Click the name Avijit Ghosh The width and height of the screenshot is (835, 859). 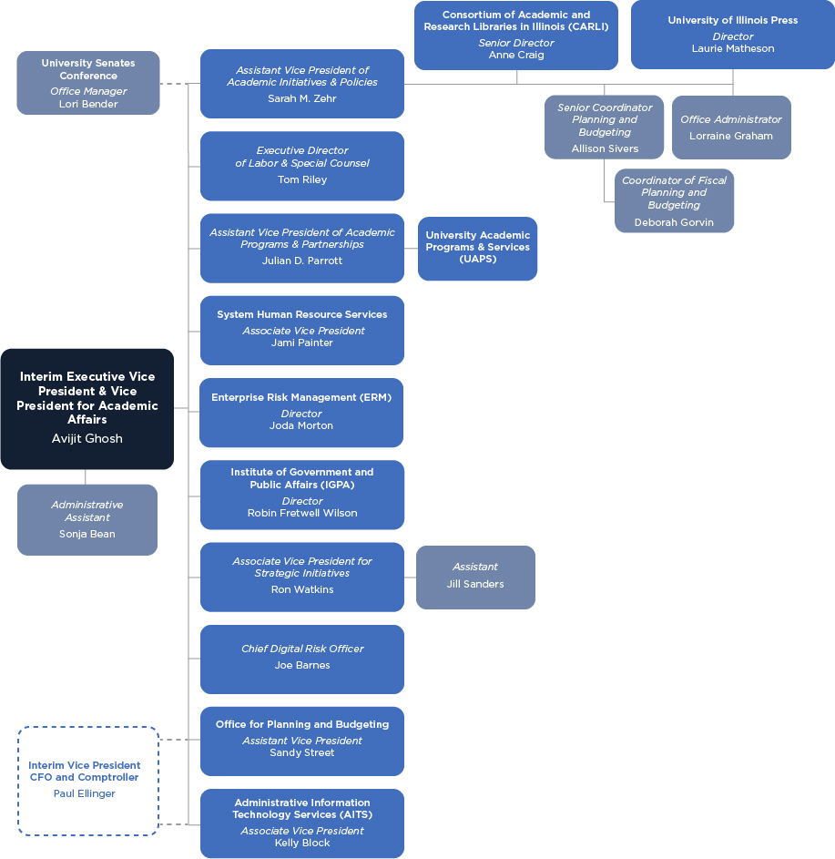(87, 438)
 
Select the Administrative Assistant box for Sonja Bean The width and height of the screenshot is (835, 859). (87, 519)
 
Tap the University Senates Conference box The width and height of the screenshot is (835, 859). (88, 83)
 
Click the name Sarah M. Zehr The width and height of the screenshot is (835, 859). (301, 98)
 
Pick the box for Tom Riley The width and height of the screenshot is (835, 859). (301, 166)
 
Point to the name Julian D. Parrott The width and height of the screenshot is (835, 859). (301, 261)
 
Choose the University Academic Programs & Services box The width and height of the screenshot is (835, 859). (477, 248)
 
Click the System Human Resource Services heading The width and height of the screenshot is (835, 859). (301, 314)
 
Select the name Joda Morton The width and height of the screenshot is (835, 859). (301, 425)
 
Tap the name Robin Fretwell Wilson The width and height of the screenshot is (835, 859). (301, 513)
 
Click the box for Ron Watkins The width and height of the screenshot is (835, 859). (301, 577)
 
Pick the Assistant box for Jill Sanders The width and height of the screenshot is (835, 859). (475, 577)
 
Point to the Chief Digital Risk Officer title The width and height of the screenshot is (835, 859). (301, 649)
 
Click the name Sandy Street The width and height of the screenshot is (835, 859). (301, 752)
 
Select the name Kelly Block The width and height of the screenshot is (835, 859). (301, 843)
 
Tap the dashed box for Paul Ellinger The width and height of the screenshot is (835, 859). (88, 781)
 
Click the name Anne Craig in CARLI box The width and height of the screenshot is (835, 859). (515, 55)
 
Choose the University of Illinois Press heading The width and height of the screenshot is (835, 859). (732, 20)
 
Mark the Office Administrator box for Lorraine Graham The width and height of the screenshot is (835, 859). (731, 128)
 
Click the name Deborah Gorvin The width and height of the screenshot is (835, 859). (674, 222)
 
